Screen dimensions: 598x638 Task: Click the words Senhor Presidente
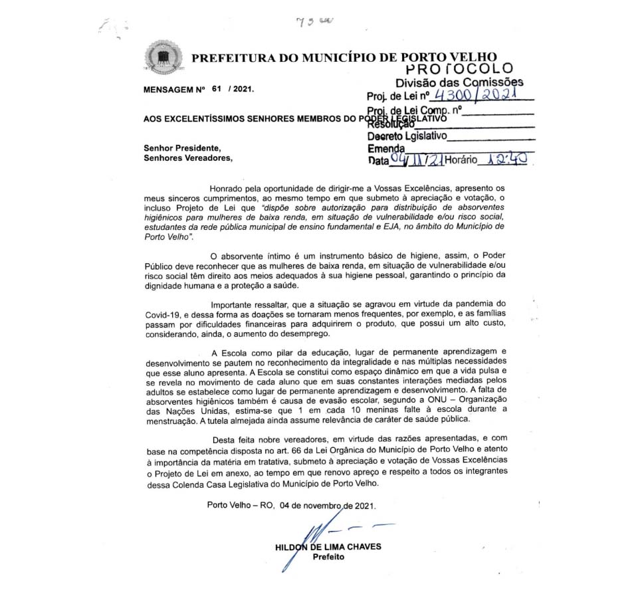tap(182, 148)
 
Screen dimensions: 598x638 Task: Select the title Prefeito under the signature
tap(329, 557)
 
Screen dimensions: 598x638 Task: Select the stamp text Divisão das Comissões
tap(459, 82)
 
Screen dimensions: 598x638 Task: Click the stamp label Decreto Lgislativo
tap(407, 136)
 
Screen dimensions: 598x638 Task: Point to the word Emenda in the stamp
tap(385, 149)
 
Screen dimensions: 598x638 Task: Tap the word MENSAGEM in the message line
tap(169, 88)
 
